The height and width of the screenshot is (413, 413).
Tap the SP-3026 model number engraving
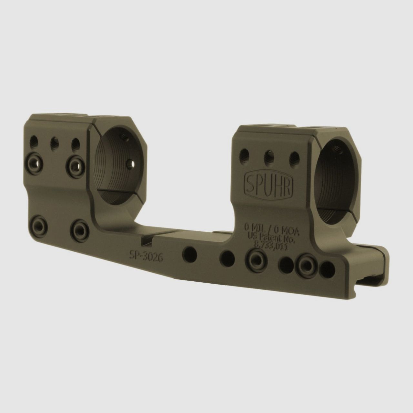point(146,256)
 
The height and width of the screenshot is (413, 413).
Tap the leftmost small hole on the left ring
point(34,141)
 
